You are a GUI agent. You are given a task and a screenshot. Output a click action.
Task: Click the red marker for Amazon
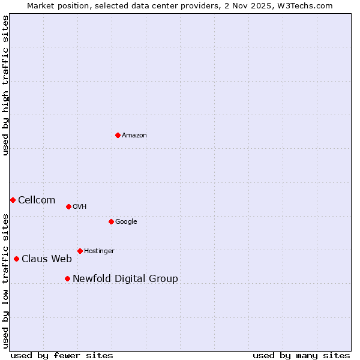pyautogui.click(x=118, y=135)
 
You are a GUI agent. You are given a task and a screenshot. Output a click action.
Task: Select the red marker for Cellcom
pyautogui.click(x=13, y=200)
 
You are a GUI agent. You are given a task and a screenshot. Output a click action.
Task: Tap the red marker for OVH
pyautogui.click(x=68, y=206)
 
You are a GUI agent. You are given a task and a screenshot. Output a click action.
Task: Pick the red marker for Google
pyautogui.click(x=111, y=221)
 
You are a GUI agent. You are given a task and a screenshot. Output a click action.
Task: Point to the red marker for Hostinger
pyautogui.click(x=80, y=251)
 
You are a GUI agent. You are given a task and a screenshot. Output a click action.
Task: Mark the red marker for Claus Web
pyautogui.click(x=16, y=259)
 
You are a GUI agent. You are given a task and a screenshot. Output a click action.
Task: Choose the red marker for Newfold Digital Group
pyautogui.click(x=67, y=278)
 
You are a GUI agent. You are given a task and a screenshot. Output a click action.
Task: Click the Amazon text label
pyautogui.click(x=134, y=136)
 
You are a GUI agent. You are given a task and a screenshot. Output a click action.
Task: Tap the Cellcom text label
pyautogui.click(x=37, y=200)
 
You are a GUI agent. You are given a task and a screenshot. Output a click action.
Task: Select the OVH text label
pyautogui.click(x=80, y=207)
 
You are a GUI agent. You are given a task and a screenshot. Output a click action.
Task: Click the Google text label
pyautogui.click(x=126, y=222)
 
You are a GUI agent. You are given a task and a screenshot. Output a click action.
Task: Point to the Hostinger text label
pyautogui.click(x=99, y=251)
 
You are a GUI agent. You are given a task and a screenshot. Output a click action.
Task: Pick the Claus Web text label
pyautogui.click(x=47, y=259)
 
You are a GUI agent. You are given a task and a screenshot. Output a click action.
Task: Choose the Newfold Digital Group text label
pyautogui.click(x=125, y=279)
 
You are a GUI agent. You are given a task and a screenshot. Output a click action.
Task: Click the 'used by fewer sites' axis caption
pyautogui.click(x=62, y=355)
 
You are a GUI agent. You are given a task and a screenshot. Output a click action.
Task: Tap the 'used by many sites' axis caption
pyautogui.click(x=301, y=355)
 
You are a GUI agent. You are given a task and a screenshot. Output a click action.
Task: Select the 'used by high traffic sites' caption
pyautogui.click(x=5, y=85)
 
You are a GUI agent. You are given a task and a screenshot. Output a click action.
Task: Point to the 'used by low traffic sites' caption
pyautogui.click(x=5, y=281)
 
